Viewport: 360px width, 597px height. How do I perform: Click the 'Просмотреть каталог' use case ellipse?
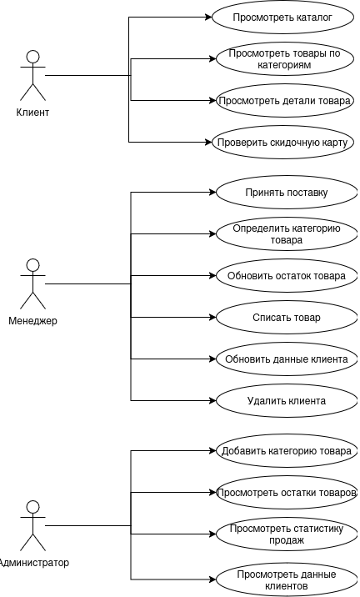click(x=282, y=18)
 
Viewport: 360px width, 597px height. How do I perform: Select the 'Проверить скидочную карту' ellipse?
click(x=282, y=143)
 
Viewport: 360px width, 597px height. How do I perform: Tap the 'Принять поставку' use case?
click(x=287, y=193)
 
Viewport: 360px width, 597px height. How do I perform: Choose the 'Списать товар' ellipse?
click(x=287, y=318)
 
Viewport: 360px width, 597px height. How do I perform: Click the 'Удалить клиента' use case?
click(x=287, y=401)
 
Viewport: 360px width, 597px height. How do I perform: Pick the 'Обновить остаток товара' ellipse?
click(x=287, y=276)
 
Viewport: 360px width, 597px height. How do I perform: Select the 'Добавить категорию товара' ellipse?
click(x=287, y=451)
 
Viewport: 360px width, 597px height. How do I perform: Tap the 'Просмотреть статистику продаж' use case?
click(x=287, y=534)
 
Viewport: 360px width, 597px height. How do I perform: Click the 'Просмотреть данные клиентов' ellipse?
click(x=287, y=579)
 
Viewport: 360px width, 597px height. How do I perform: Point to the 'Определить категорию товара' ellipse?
click(x=287, y=234)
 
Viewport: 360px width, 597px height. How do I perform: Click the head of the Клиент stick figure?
click(x=33, y=57)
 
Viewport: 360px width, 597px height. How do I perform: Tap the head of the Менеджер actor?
click(x=33, y=265)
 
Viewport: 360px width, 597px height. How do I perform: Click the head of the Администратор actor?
click(x=33, y=507)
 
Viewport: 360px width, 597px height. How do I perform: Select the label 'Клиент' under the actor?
click(x=32, y=113)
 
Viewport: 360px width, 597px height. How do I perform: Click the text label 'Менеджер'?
click(x=32, y=321)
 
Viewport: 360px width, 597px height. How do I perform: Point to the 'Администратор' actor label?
click(x=33, y=562)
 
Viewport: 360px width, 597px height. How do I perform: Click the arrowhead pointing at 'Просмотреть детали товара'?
click(x=212, y=101)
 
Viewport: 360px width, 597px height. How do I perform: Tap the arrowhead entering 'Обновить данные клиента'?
click(x=212, y=359)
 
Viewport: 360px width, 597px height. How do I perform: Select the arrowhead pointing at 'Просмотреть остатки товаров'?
click(x=212, y=492)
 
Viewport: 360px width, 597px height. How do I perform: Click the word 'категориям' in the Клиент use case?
click(x=284, y=65)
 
